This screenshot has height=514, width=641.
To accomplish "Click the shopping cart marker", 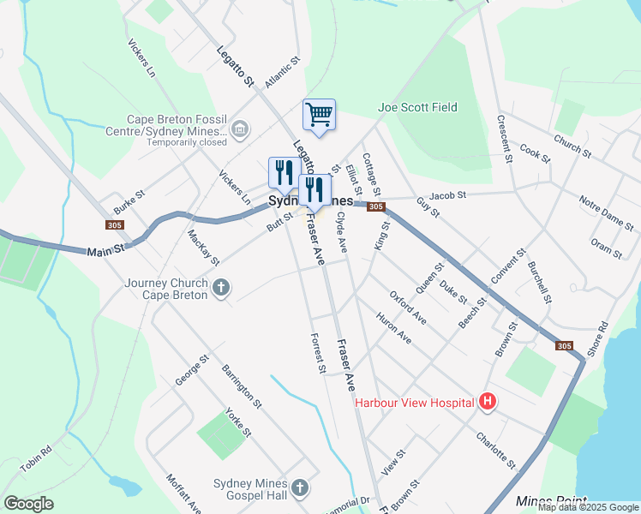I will tap(319, 114).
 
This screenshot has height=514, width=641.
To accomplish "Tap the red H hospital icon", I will tap(488, 401).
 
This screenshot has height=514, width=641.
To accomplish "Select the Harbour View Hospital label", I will tap(415, 402).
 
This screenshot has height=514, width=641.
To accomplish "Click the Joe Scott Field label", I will tap(417, 107).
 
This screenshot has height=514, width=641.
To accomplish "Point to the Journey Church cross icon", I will tap(221, 288).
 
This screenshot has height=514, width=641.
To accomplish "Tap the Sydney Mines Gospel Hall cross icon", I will tap(299, 488).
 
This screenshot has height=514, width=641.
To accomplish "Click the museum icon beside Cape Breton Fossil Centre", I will tap(239, 131).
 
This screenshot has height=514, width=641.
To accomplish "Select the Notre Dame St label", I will tap(606, 213).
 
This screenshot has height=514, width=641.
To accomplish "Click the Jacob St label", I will tap(447, 195).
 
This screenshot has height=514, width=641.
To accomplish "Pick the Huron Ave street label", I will tap(393, 327).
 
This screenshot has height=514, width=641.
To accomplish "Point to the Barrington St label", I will tap(241, 383).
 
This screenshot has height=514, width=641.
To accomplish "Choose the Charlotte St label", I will tap(496, 449).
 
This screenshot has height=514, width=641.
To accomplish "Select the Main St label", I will tap(105, 250).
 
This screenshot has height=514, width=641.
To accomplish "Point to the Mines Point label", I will tap(552, 500).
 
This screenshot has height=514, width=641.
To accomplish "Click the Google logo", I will tap(28, 504).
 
